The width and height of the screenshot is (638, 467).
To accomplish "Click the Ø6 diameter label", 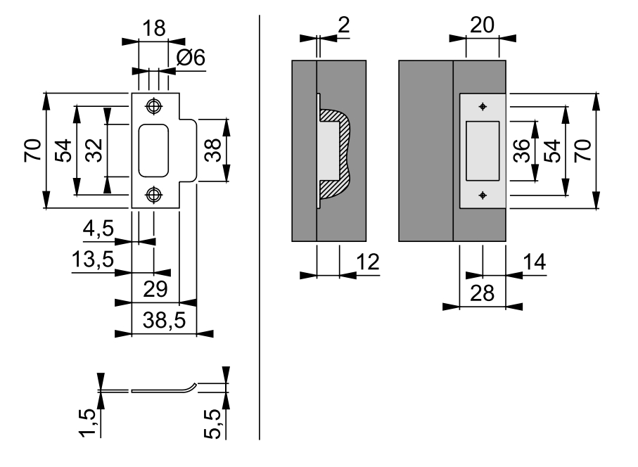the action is coord(191,58).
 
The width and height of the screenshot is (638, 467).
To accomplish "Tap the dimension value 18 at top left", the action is coord(154,28).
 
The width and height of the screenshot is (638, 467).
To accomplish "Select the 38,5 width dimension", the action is coord(164,320).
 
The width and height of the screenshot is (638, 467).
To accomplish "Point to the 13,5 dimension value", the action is coord(93,259).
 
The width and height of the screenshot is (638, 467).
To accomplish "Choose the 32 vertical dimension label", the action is coord(94,151).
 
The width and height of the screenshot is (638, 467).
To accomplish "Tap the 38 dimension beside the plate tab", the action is coord(212,151).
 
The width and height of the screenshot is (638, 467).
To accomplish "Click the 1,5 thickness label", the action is coord(88,423).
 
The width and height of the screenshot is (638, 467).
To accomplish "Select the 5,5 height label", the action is coord(212,424).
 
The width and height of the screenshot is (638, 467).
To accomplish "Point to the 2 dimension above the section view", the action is coord(344,25).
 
